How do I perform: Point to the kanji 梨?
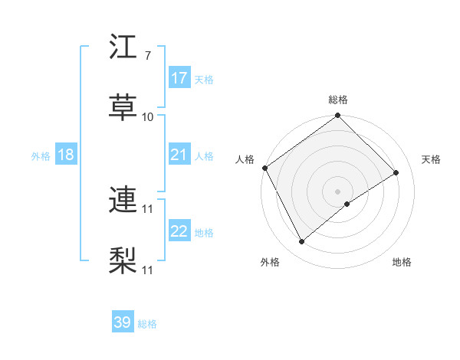click(123, 259)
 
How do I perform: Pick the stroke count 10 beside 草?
click(148, 116)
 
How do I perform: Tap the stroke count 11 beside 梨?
click(148, 270)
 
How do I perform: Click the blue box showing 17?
click(179, 78)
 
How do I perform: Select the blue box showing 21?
click(179, 155)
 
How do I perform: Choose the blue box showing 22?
click(179, 231)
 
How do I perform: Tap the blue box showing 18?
click(66, 155)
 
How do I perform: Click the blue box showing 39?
click(123, 322)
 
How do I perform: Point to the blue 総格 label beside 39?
click(147, 324)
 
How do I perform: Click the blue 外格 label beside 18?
click(41, 155)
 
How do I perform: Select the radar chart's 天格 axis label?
click(431, 159)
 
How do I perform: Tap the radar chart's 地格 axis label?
click(402, 262)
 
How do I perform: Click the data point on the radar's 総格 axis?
click(337, 116)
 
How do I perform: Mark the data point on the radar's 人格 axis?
click(264, 168)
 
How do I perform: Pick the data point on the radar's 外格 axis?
click(302, 242)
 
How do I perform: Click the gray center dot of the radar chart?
click(337, 191)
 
